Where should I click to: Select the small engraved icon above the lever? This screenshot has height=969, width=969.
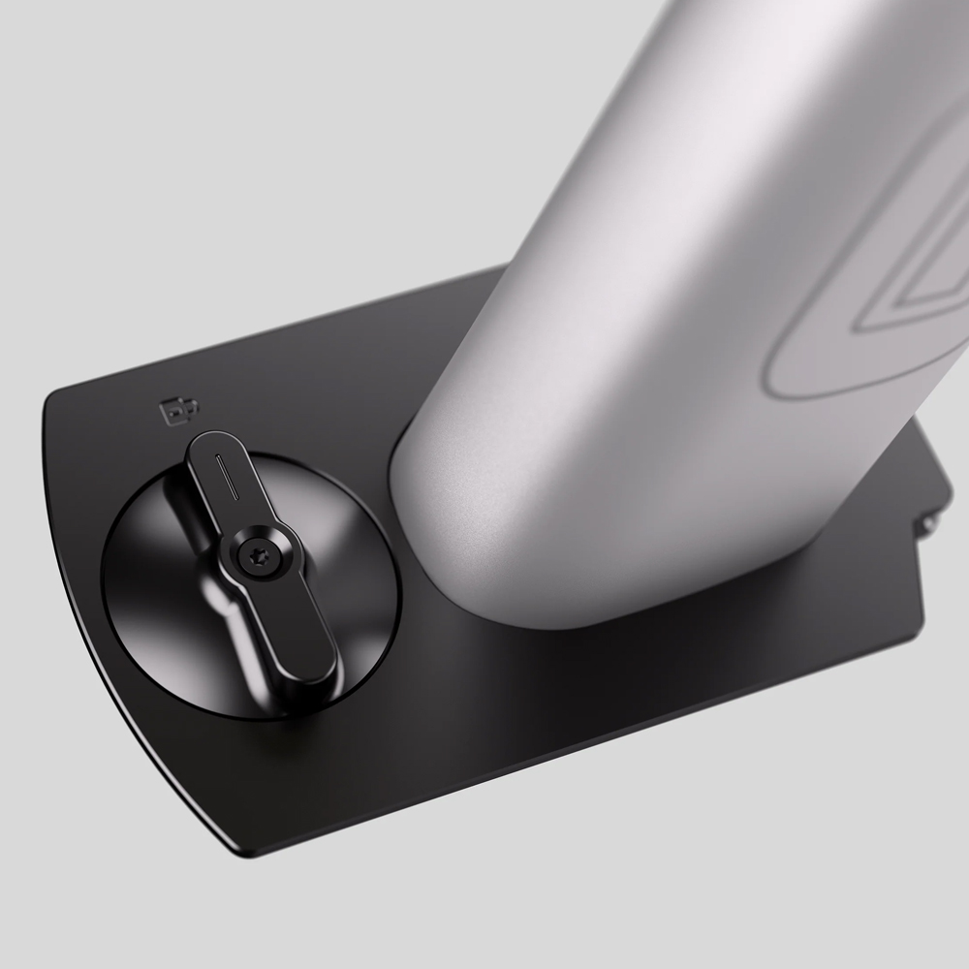[x=177, y=412]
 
